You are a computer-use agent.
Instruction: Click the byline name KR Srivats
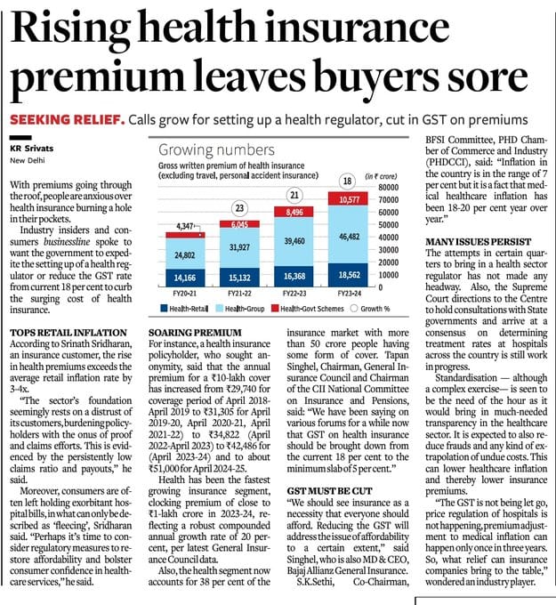pos(35,148)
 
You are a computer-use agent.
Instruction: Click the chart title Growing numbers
pos(205,150)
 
